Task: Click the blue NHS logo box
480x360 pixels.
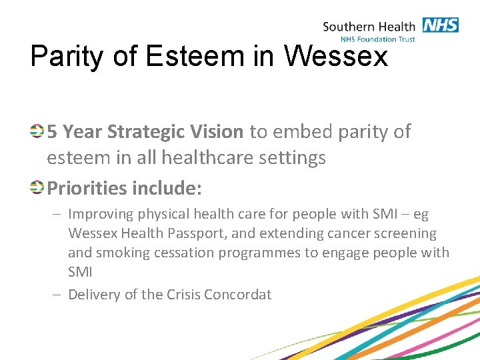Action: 440,25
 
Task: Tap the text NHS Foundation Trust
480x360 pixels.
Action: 377,39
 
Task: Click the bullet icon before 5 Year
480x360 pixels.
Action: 38,131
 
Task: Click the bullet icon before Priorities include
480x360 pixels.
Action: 38,187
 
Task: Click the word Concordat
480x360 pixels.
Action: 241,294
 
